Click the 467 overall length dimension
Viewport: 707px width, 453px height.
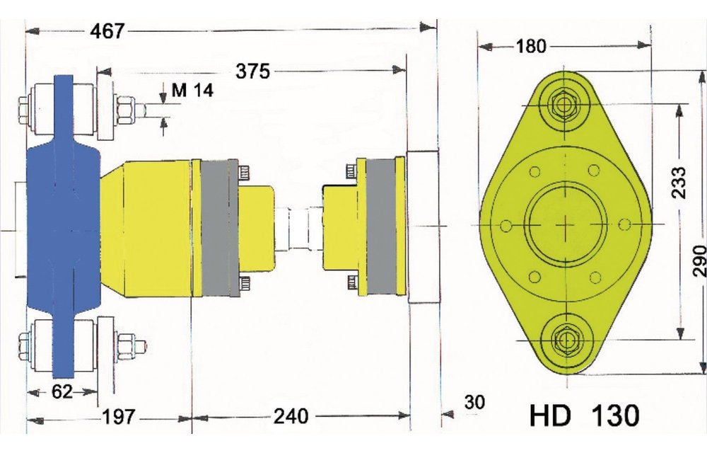click(x=107, y=30)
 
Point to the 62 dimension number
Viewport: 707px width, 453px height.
click(x=62, y=391)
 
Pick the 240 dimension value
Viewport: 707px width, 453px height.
click(x=291, y=417)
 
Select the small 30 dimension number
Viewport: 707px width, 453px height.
click(x=475, y=402)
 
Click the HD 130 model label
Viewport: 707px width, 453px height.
click(x=584, y=415)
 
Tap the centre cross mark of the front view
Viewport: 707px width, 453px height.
click(x=565, y=224)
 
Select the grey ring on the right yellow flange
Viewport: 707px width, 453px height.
click(x=381, y=226)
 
